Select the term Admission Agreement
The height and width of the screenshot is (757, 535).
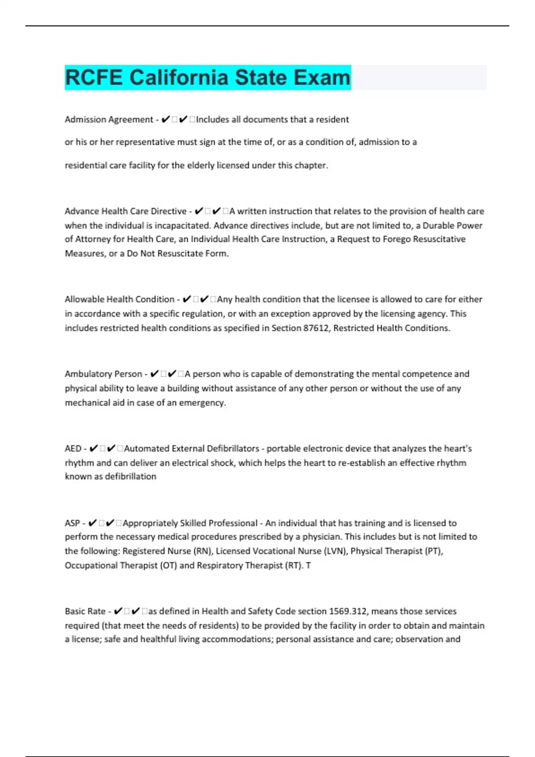(x=109, y=119)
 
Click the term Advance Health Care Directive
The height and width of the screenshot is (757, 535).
(x=125, y=211)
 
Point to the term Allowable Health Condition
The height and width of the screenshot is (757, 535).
(x=119, y=299)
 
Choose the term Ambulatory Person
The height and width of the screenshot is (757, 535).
(x=103, y=374)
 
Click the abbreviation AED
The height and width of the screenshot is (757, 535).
(x=73, y=448)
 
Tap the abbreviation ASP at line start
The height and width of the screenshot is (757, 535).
(x=72, y=523)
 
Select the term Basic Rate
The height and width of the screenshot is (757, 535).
(x=85, y=611)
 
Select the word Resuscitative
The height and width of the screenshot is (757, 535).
(x=439, y=239)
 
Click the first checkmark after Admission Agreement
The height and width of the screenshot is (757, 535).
(x=165, y=119)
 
